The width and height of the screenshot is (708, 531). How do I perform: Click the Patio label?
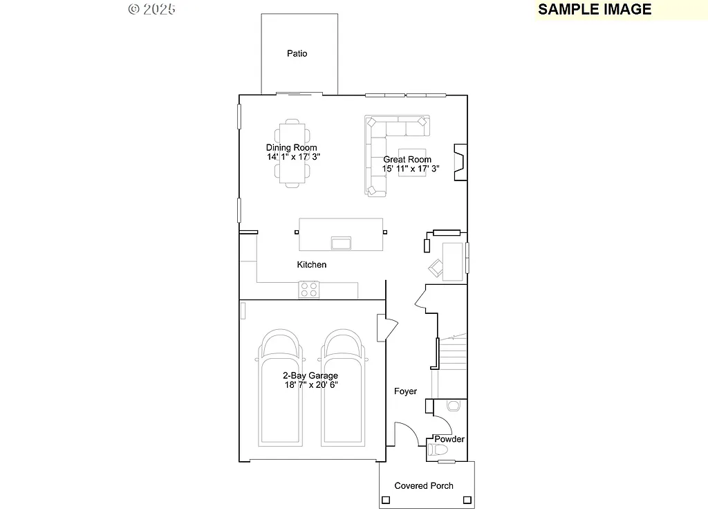coord(297,53)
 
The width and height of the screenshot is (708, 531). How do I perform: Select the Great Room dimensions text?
coord(411,169)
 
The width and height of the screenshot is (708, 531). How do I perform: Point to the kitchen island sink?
coord(341,243)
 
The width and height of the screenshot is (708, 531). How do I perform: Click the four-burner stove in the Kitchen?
coord(308,289)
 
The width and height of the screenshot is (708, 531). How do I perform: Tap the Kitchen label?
coord(312,265)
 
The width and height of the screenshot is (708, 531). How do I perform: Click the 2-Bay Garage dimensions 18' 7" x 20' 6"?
coord(310,385)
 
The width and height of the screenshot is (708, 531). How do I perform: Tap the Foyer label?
coord(406,391)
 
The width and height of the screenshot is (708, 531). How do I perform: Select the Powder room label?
coord(449,439)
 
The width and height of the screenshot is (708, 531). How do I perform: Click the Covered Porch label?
coord(424,486)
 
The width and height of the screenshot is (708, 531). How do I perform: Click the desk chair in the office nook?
coord(436,267)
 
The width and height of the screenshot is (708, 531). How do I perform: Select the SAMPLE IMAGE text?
coord(595,10)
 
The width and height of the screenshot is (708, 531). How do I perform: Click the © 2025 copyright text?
coord(152,9)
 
